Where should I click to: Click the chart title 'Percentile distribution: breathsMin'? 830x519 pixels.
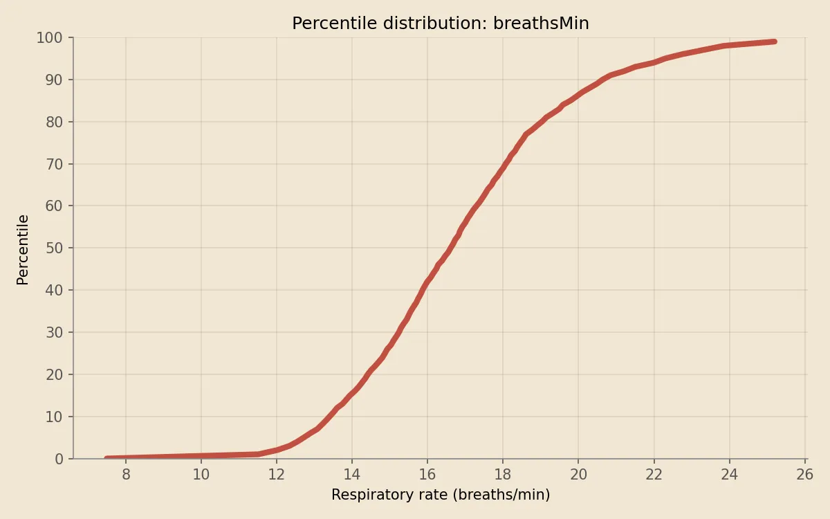[x=440, y=24]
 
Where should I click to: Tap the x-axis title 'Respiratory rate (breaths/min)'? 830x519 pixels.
[x=440, y=495]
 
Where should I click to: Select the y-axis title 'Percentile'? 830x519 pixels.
[x=23, y=249]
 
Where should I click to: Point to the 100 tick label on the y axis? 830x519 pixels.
[x=50, y=38]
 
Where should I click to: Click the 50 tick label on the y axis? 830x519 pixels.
[x=54, y=248]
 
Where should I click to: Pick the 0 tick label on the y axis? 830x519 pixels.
[x=59, y=459]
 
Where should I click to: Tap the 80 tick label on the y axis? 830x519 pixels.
[x=54, y=122]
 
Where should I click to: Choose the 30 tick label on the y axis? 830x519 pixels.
[x=54, y=332]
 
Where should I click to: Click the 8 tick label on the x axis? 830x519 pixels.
[x=126, y=475]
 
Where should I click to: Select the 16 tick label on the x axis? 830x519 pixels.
[x=427, y=475]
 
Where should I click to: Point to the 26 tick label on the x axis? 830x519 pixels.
[x=804, y=475]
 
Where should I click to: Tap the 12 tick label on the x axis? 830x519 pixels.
[x=277, y=475]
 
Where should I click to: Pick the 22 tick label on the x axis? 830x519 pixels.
[x=654, y=475]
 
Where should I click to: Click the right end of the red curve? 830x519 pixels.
[x=774, y=42]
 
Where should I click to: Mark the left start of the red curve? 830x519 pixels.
[x=107, y=458]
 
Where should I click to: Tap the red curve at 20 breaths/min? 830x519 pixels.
[x=578, y=93]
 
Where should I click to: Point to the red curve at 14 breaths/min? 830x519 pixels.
[x=352, y=393]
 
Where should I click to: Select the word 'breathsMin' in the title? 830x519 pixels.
[x=541, y=24]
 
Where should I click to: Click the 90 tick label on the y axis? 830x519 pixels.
[x=54, y=80]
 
